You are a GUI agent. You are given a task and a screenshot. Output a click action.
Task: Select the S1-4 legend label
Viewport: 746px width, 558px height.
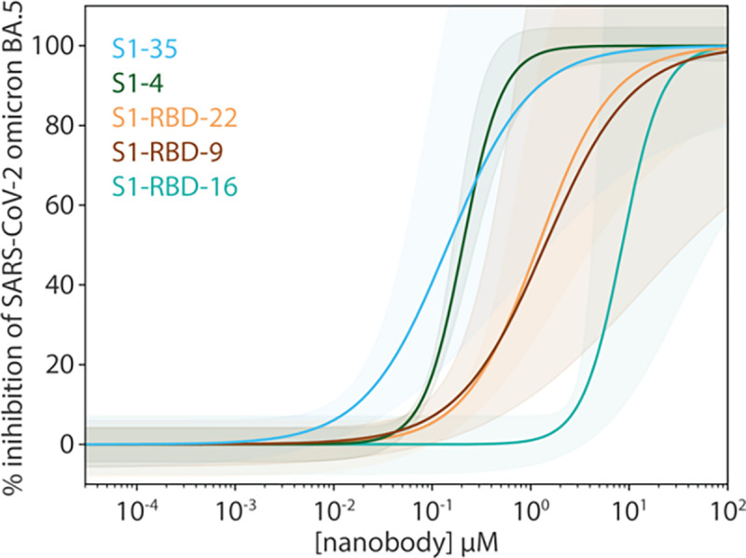(136, 82)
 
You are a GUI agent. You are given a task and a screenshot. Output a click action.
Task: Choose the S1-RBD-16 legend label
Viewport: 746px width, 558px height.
(173, 188)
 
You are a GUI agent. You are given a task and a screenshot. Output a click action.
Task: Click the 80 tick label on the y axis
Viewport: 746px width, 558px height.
(62, 125)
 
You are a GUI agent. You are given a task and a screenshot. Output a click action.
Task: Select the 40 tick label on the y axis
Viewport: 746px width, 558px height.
(62, 285)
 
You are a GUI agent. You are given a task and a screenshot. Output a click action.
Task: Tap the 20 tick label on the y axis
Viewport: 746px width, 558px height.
(62, 365)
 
